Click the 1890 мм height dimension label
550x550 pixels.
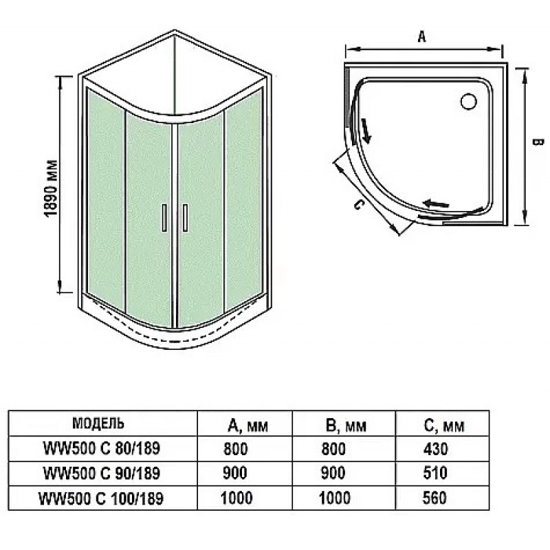[51, 188]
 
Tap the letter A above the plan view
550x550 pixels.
[422, 36]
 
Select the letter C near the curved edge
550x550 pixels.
[358, 204]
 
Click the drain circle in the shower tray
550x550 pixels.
[469, 101]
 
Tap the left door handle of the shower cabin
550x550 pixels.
[164, 217]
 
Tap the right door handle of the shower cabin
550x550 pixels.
[185, 217]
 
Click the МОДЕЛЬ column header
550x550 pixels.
[98, 423]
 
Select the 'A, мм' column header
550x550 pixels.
[248, 426]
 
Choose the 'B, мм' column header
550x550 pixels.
[346, 426]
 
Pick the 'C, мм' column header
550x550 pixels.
[444, 426]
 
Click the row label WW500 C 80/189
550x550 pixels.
[102, 448]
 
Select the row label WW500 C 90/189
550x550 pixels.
[102, 473]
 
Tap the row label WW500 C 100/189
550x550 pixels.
[101, 498]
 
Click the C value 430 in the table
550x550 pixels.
[435, 449]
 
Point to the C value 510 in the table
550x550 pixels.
[435, 473]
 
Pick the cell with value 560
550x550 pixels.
[434, 498]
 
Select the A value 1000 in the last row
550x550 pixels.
[236, 498]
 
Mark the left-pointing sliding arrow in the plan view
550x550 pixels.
[437, 203]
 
